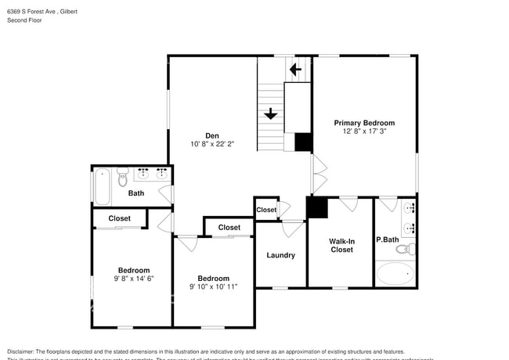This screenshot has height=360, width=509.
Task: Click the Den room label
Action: [211, 135]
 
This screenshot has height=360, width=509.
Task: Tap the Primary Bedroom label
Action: [364, 123]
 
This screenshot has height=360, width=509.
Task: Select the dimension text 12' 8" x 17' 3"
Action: [364, 132]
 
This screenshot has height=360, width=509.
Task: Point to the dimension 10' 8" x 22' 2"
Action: [211, 144]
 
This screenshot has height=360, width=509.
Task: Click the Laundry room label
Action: [280, 255]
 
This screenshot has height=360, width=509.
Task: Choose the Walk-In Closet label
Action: [341, 245]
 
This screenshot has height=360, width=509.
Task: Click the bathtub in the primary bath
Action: [395, 273]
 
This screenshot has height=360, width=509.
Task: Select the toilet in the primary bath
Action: [404, 249]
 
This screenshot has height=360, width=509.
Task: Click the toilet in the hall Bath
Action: [121, 179]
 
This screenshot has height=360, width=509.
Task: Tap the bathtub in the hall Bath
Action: [102, 185]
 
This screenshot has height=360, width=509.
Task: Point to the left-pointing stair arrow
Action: [295, 70]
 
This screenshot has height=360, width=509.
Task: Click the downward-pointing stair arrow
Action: [270, 114]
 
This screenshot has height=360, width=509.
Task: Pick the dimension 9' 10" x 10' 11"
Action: [213, 287]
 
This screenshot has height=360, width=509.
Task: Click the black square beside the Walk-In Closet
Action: [317, 207]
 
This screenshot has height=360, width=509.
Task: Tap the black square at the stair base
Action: [303, 142]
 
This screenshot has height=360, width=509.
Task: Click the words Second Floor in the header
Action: [25, 20]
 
